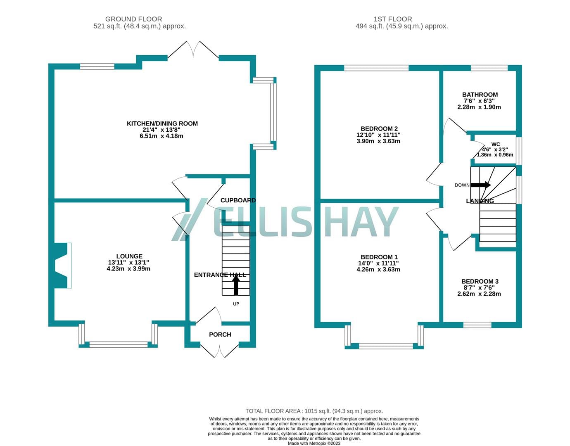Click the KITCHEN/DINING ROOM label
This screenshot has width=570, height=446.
(x=162, y=123)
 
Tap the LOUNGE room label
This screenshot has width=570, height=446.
(x=129, y=256)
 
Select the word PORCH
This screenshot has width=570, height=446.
(x=220, y=334)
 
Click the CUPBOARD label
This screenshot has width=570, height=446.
(x=238, y=200)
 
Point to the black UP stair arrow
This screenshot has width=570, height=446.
(x=236, y=285)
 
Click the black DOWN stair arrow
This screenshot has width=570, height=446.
(x=480, y=185)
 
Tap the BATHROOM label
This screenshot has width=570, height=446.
(x=480, y=95)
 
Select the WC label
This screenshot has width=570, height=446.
(x=496, y=144)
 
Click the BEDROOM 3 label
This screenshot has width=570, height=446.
(x=480, y=281)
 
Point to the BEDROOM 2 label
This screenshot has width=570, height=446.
(x=379, y=129)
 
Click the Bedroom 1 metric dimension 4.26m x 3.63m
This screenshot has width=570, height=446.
(x=378, y=270)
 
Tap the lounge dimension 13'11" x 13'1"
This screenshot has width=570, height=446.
(x=128, y=263)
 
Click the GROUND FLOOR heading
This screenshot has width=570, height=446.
(x=133, y=19)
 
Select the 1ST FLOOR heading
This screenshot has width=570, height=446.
(x=393, y=19)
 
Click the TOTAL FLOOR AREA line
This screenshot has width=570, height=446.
(x=314, y=411)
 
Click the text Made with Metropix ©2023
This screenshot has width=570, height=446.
(x=314, y=444)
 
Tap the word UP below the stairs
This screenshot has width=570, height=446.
(x=236, y=304)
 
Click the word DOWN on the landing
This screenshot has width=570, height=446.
(x=462, y=185)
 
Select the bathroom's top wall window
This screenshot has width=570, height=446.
(x=489, y=68)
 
